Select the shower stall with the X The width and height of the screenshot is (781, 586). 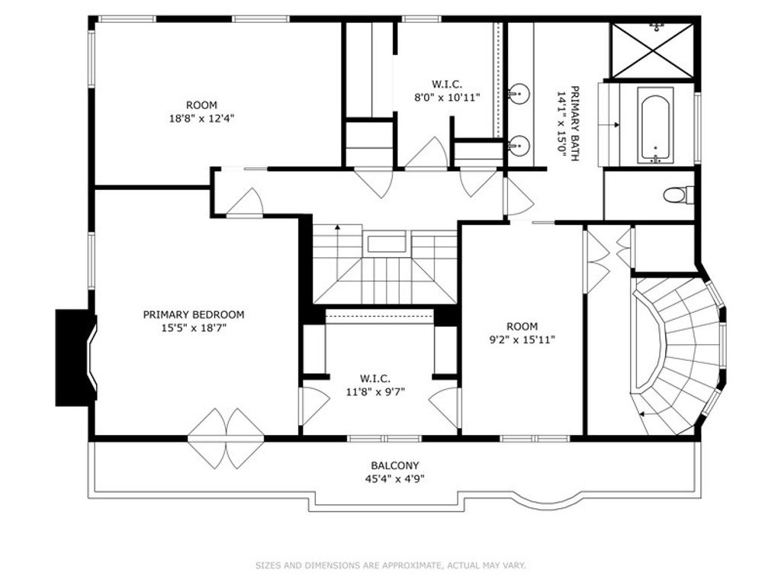click(652, 50)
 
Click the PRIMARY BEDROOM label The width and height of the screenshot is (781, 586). click(194, 315)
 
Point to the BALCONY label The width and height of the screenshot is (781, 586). click(395, 466)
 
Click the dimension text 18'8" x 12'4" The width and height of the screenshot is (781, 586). click(201, 118)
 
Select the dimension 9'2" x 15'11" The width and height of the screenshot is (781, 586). click(522, 340)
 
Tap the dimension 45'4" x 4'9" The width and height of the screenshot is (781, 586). click(394, 479)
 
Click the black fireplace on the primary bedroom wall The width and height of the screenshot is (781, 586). click(76, 357)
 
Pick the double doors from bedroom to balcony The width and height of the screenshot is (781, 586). click(226, 439)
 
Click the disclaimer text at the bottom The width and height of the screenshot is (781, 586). click(391, 565)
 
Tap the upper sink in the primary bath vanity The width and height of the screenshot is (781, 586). click(519, 93)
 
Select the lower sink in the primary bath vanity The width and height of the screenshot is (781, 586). click(519, 145)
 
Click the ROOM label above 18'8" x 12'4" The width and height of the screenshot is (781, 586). click(201, 105)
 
